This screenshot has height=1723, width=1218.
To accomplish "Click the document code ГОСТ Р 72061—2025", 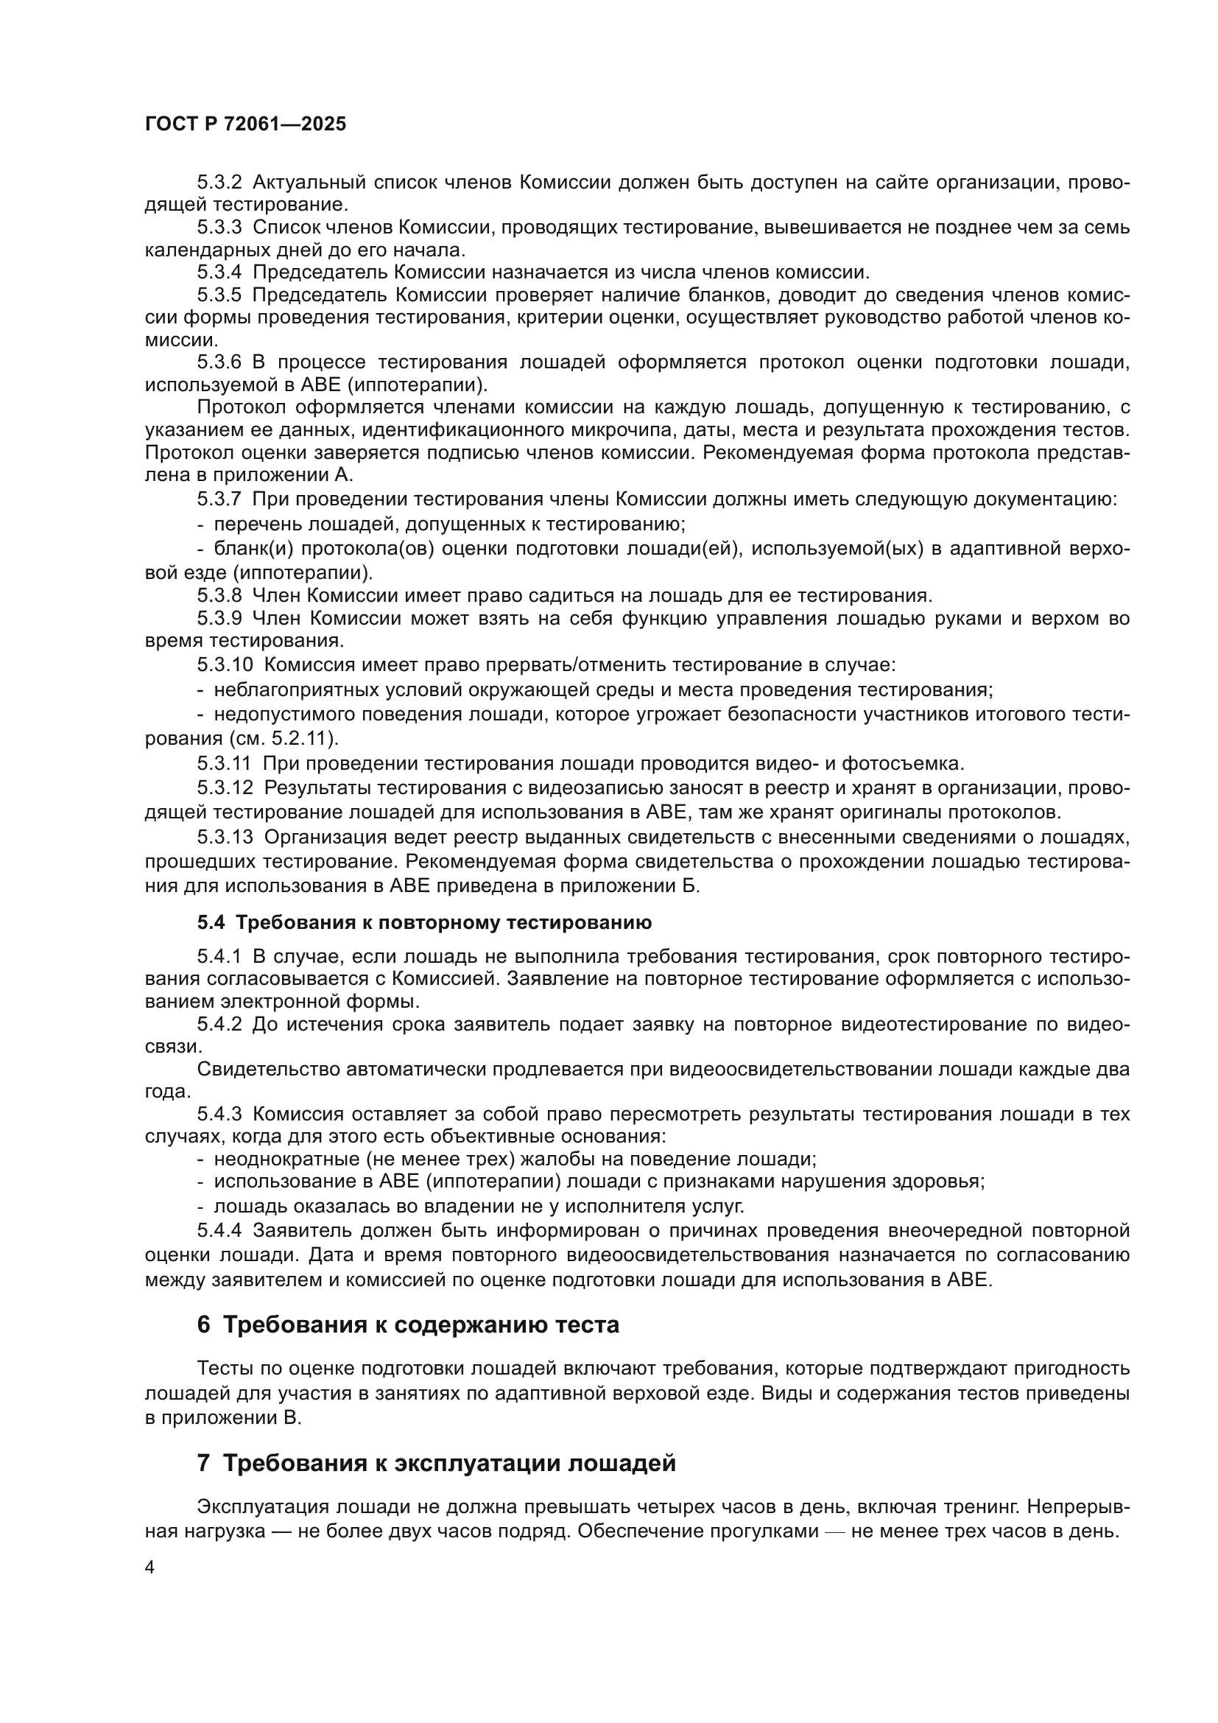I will pos(245,124).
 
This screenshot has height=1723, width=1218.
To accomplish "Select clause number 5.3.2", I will pos(219,183).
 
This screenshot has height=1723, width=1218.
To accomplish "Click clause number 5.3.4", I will pos(219,273).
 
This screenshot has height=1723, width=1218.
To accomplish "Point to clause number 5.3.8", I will pos(219,596).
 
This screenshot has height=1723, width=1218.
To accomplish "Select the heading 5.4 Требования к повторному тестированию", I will pos(424,922).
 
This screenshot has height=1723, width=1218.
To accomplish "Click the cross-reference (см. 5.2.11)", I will pos(285,737).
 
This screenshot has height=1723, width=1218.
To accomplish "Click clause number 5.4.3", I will pos(219,1115).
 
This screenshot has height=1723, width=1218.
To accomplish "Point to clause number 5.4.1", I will pos(219,957).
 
